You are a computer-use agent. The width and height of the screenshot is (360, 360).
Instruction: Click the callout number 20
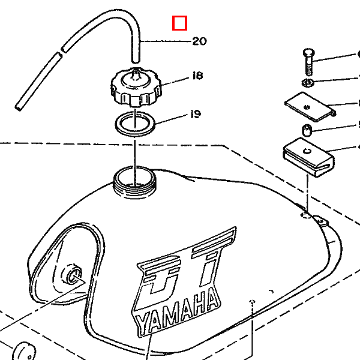[x=199, y=41]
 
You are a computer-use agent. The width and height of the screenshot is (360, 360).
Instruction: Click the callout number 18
[x=197, y=76]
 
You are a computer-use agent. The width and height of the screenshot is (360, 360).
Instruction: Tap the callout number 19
[x=195, y=114]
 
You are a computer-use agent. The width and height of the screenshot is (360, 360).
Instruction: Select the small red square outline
[x=179, y=23]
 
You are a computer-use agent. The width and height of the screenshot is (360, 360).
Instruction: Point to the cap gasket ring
[x=136, y=124]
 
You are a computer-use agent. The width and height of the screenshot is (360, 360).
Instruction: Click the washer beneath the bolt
[x=306, y=81]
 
